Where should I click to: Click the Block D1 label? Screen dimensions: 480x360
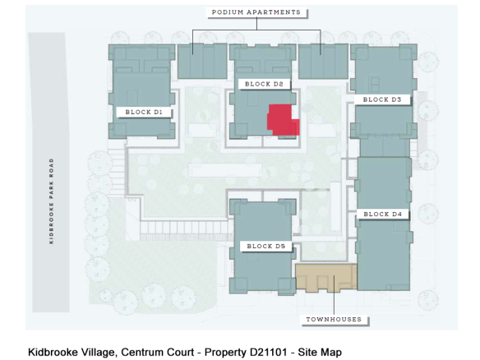pyautogui.click(x=144, y=112)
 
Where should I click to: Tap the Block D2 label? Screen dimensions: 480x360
pyautogui.click(x=264, y=84)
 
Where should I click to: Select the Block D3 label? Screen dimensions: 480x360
pyautogui.click(x=382, y=99)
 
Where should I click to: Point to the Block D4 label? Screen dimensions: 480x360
pyautogui.click(x=383, y=214)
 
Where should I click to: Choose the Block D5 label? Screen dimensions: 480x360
pyautogui.click(x=265, y=246)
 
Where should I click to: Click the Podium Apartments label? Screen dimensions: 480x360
pyautogui.click(x=256, y=12)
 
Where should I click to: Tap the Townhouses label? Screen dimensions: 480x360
pyautogui.click(x=334, y=319)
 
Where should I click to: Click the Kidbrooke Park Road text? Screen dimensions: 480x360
pyautogui.click(x=52, y=201)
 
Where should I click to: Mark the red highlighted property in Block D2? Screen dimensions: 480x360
pyautogui.click(x=283, y=120)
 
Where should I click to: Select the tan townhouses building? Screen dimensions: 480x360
pyautogui.click(x=326, y=277)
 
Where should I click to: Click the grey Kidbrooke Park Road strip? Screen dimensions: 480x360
pyautogui.click(x=49, y=173)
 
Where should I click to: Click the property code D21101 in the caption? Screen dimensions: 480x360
pyautogui.click(x=269, y=352)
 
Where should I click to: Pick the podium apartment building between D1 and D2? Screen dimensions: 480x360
pyautogui.click(x=202, y=61)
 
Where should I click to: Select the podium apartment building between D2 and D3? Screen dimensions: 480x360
pyautogui.click(x=323, y=61)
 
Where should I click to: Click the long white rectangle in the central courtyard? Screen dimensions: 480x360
pyautogui.click(x=225, y=170)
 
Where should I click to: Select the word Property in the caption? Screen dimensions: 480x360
pyautogui.click(x=225, y=353)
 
